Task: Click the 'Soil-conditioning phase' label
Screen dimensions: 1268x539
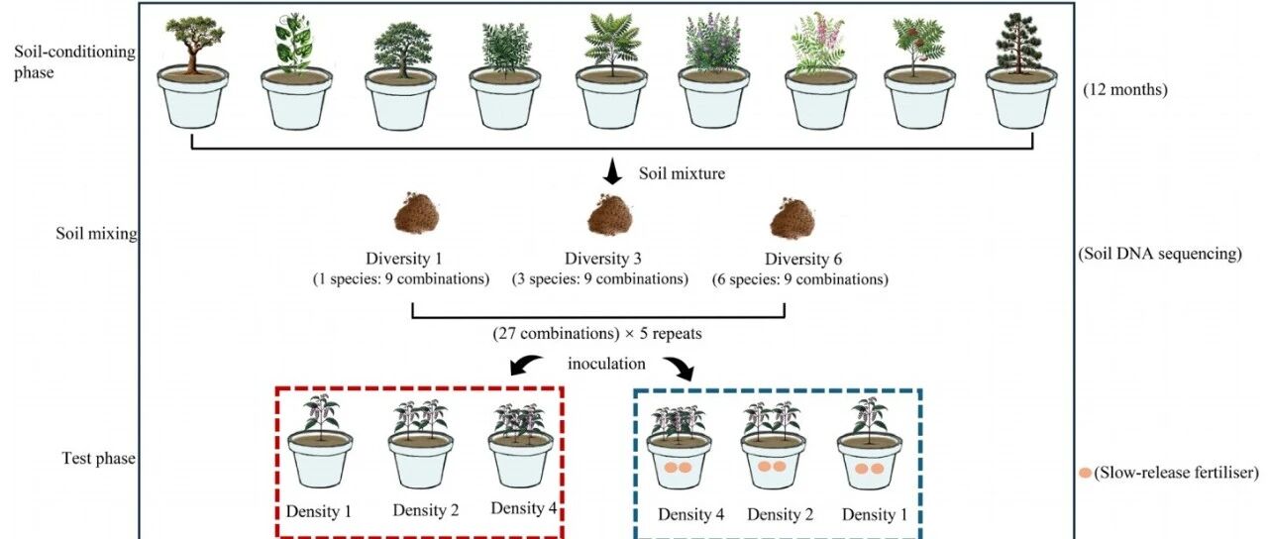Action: coord(74,61)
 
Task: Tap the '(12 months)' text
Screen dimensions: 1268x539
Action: coord(1124,89)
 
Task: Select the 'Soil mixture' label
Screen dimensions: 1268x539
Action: coord(682,173)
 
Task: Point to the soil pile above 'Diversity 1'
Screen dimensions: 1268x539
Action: coord(417,213)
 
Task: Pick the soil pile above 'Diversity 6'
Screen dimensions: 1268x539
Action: coord(792,218)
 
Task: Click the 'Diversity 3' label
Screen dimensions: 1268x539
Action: coord(603,259)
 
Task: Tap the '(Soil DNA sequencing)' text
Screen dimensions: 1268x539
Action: coord(1160,254)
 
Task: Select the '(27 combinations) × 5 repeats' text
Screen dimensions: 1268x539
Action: coord(597,334)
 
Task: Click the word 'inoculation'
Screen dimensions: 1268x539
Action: coord(606,364)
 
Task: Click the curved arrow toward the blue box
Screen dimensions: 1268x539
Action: coord(679,368)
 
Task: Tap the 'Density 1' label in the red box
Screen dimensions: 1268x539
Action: coord(319,511)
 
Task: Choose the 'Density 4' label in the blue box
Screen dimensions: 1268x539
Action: coord(690,514)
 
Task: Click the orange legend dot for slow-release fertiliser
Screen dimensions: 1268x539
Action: coord(1085,473)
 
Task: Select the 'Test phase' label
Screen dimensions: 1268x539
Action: coord(98,458)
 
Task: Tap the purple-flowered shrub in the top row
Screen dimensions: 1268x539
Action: coord(713,43)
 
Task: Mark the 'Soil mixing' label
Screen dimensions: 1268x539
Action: coord(96,234)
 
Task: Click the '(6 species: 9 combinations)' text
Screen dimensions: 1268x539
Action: coord(799,279)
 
